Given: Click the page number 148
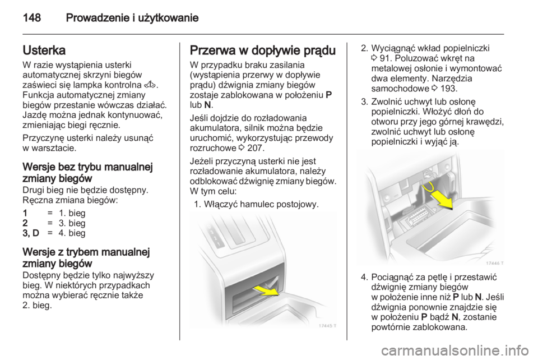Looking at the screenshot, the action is [x=32, y=17].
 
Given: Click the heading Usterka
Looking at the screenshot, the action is [x=44, y=50].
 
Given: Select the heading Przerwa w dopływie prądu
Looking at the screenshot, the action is [x=262, y=50].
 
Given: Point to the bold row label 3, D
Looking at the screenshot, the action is [x=31, y=233].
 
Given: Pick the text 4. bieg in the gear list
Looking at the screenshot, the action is [x=72, y=233].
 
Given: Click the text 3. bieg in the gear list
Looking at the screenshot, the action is [x=72, y=223].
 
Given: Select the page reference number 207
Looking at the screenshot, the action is [x=256, y=148].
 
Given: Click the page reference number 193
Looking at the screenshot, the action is [x=449, y=88].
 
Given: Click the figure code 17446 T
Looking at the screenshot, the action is [x=494, y=263].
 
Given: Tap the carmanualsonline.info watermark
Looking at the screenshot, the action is [x=455, y=350].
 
